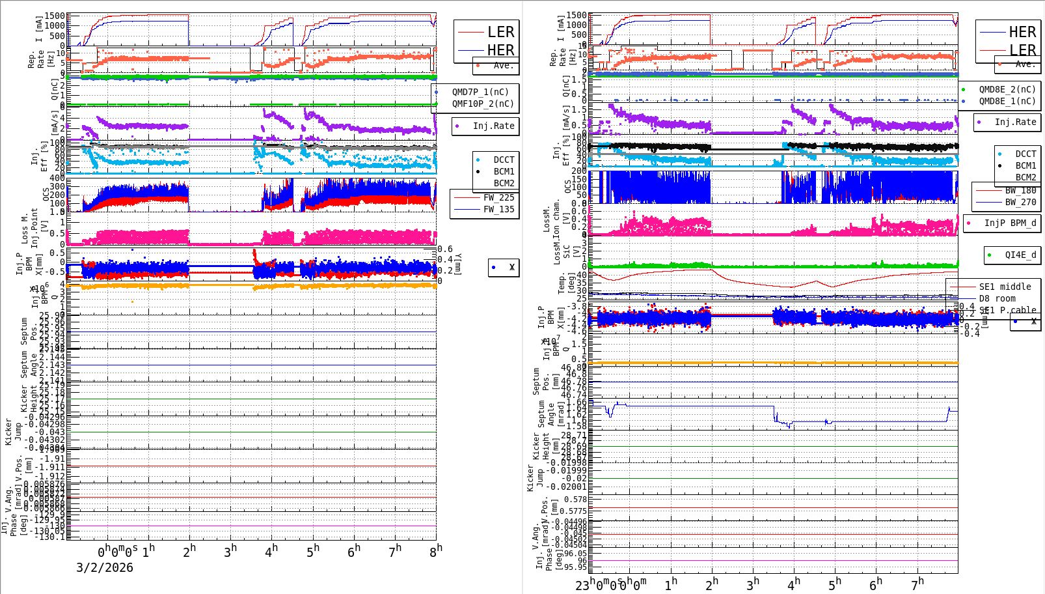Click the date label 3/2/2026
click(105, 567)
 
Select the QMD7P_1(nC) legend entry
click(480, 92)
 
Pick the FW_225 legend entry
click(498, 197)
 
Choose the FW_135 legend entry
click(498, 209)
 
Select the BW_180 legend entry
click(1020, 190)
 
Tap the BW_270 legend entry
click(1020, 202)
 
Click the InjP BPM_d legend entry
click(1009, 223)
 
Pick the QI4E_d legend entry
click(1020, 255)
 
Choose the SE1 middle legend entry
click(1004, 287)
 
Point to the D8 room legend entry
click(997, 298)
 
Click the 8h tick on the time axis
click(436, 550)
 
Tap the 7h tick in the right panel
click(917, 584)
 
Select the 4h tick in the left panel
click(271, 551)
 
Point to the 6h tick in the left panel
click(353, 551)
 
